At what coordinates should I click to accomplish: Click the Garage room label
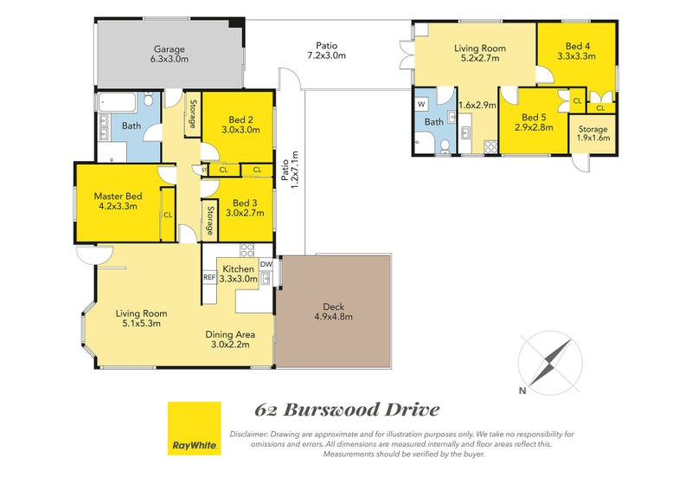click(x=170, y=55)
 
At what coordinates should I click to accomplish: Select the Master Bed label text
click(x=118, y=202)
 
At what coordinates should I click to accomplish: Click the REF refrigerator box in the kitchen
click(x=208, y=277)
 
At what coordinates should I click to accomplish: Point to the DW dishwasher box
click(x=266, y=264)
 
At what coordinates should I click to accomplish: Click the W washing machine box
click(x=422, y=103)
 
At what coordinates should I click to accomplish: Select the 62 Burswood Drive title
click(x=347, y=409)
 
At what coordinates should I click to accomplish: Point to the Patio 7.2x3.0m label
click(x=326, y=50)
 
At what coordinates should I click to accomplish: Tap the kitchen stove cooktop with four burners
click(x=247, y=251)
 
